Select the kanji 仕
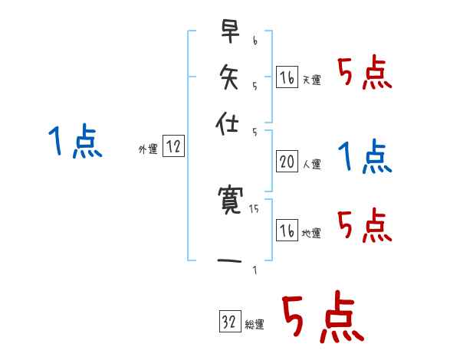tap(229, 120)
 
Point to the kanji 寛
tap(229, 201)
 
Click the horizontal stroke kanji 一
tap(229, 263)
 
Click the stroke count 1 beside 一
tap(254, 269)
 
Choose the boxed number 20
tap(287, 162)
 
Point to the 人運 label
tap(311, 164)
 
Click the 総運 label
tap(255, 324)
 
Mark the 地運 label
tap(311, 233)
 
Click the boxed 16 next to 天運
tap(287, 78)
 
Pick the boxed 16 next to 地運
tap(287, 231)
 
